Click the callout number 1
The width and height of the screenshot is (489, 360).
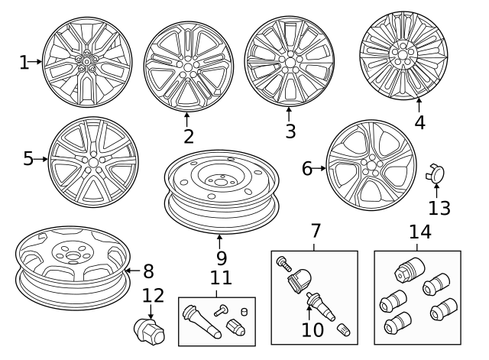point(24,62)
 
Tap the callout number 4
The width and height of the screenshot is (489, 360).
point(419,122)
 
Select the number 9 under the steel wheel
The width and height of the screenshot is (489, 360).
point(220,259)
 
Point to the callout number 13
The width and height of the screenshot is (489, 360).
point(439,207)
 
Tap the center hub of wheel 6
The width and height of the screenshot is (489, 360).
point(372,166)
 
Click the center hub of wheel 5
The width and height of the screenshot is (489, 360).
point(92,160)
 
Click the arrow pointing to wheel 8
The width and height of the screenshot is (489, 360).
point(129,271)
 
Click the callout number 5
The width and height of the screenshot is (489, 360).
point(28,158)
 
